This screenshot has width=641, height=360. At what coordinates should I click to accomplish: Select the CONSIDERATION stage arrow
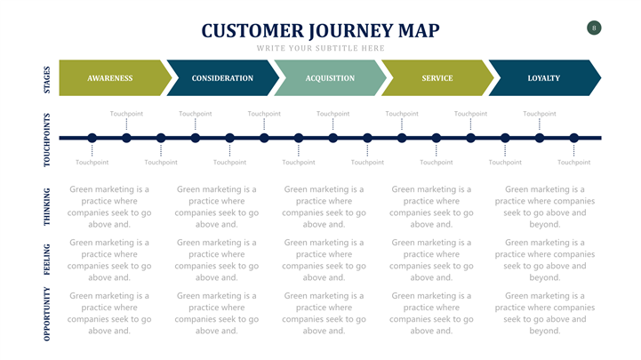click(x=221, y=78)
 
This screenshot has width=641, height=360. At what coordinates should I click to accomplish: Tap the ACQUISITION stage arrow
click(x=330, y=78)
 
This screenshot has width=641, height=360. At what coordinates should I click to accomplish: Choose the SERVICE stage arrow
click(x=437, y=78)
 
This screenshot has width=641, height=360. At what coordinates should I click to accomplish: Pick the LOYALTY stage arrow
click(x=543, y=78)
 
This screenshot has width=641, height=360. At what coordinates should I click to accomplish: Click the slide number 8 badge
click(x=594, y=28)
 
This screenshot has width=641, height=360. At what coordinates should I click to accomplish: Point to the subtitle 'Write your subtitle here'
click(x=320, y=48)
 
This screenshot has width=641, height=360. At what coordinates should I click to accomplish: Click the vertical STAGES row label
click(x=47, y=78)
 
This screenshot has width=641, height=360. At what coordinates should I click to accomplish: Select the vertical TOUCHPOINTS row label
click(x=47, y=139)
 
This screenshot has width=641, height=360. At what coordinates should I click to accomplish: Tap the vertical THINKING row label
click(x=47, y=206)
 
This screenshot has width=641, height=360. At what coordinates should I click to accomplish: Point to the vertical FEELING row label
click(x=47, y=260)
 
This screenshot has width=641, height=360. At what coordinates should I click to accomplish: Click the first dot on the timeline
click(x=92, y=138)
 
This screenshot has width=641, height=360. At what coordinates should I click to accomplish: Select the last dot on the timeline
click(x=574, y=138)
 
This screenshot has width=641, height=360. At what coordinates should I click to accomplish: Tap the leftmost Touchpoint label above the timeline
click(x=126, y=114)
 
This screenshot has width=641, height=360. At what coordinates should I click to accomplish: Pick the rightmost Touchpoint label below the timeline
click(x=573, y=163)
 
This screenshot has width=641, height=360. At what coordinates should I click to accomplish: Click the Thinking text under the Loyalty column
click(x=544, y=207)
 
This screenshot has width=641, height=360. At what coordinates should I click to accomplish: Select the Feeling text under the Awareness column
click(x=109, y=260)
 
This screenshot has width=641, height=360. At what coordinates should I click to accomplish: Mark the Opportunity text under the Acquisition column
click(x=324, y=313)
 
